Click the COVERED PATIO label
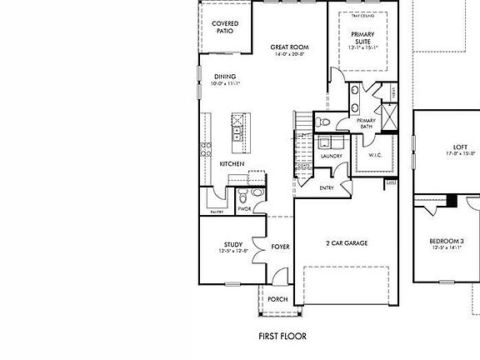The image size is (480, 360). click(x=225, y=27)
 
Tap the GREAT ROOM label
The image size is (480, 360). click(x=290, y=47)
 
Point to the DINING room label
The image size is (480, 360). click(x=225, y=77)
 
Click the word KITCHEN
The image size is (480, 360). click(x=232, y=164)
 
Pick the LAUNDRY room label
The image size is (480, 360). click(x=332, y=156)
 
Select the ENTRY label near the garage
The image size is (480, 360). click(x=327, y=188)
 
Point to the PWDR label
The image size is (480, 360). click(x=244, y=208)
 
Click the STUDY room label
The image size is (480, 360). click(x=232, y=244)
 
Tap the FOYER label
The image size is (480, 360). click(x=280, y=247)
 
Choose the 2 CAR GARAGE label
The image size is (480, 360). click(x=347, y=243)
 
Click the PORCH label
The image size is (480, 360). click(x=277, y=299)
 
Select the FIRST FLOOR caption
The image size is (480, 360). click(x=283, y=337)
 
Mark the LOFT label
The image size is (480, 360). click(x=460, y=147)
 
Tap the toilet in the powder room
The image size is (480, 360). click(x=242, y=196)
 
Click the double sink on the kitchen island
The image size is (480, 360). click(x=237, y=130)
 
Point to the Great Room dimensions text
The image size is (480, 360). click(x=290, y=54)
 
